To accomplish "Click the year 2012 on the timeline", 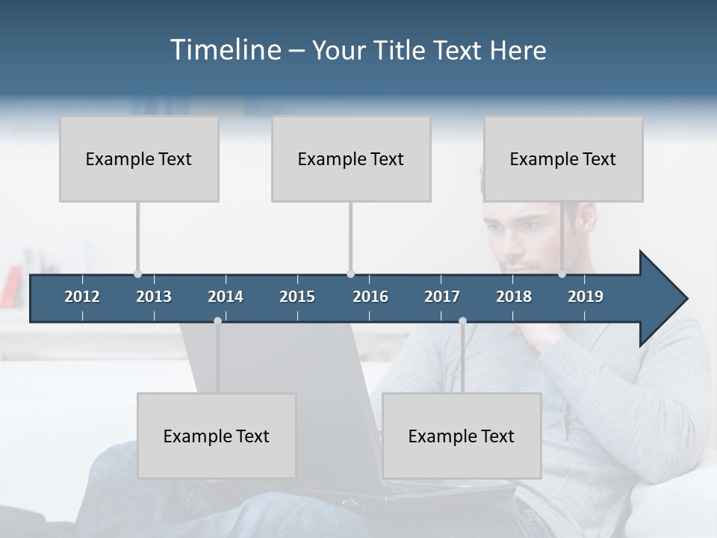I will coord(82,297).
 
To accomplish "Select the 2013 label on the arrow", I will coord(154,297).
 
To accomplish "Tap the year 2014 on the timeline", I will coord(226,297).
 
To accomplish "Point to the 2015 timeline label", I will coord(297,297).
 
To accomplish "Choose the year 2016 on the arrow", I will coord(370,297).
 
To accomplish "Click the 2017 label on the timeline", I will coord(442,297).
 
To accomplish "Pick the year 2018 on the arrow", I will coord(514,297).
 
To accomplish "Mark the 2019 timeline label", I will coord(586,297).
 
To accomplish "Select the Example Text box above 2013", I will coord(139,158).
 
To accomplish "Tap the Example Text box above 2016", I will coord(351,158).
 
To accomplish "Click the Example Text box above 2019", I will coord(563,158).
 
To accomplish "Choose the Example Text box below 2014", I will coord(217,436).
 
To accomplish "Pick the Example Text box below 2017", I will coord(462,436).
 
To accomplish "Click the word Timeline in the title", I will coord(225,50).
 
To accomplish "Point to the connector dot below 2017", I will coord(462,321).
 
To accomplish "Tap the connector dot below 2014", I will coord(217,321).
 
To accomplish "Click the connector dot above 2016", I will coord(350,273).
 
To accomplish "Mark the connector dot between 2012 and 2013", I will coord(137,273).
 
